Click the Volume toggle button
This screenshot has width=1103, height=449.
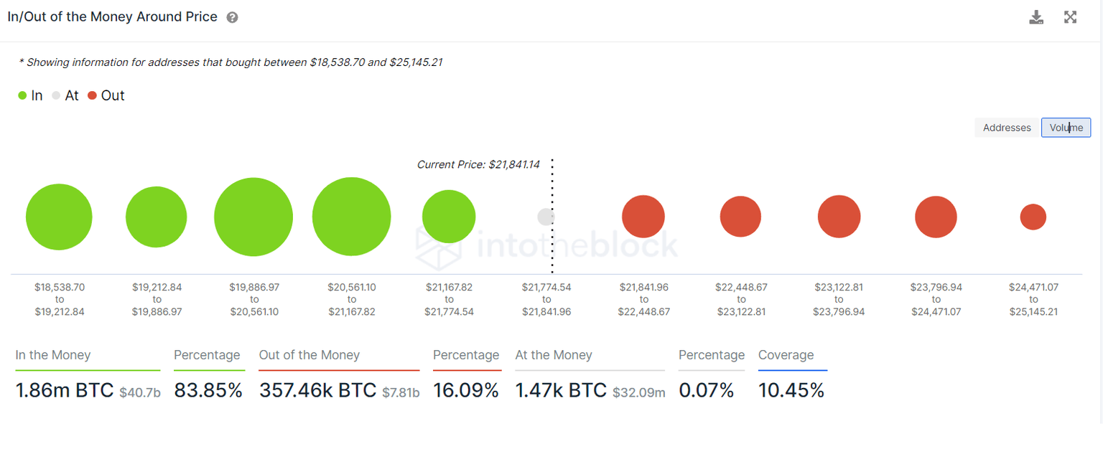tap(1066, 128)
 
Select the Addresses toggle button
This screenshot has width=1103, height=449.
tap(1007, 128)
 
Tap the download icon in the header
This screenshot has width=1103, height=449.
tap(1036, 17)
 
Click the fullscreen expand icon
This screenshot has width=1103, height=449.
tap(1070, 17)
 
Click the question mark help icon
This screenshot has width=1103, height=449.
tap(232, 17)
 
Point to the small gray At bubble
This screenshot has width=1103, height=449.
tap(546, 217)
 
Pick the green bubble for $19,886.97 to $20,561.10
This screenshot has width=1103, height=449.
tap(253, 217)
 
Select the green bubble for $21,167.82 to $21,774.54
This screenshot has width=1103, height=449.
tap(449, 217)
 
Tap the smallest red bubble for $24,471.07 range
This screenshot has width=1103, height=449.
tap(1033, 217)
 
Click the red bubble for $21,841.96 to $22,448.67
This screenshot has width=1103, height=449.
tap(643, 217)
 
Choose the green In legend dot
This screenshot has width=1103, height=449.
tap(22, 95)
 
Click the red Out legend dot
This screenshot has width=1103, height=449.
tap(92, 95)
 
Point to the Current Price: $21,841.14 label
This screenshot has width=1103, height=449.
tap(478, 164)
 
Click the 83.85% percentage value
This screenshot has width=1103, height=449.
tap(208, 390)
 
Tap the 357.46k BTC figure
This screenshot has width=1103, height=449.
tap(317, 390)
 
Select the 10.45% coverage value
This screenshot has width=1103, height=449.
tap(791, 390)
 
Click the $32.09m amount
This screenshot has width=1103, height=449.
tap(639, 392)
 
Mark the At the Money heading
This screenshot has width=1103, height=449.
tap(554, 355)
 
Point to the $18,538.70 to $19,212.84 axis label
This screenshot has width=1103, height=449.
tap(60, 299)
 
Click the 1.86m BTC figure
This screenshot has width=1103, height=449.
tap(65, 390)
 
